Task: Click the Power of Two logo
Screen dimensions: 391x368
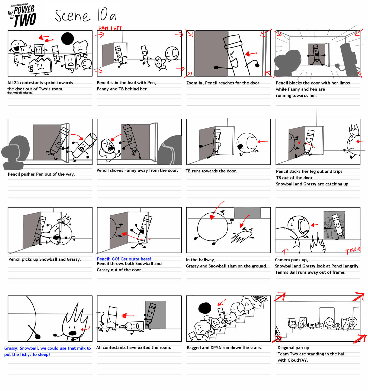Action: coord(22,15)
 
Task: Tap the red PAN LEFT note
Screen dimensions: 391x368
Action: coord(110,28)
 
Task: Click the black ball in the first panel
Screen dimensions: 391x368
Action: coord(68,39)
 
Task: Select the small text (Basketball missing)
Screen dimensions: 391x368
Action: coord(20,93)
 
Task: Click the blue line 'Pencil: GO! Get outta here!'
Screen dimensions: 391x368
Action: coord(124,259)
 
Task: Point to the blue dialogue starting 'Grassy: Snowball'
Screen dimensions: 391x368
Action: coord(47,351)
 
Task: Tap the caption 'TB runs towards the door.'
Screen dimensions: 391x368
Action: coord(211,171)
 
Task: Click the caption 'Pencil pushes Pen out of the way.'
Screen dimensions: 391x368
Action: coord(41,174)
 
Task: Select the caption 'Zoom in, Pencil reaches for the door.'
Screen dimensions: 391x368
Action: coord(223,83)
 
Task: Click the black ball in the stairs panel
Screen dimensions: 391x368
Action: coord(205,308)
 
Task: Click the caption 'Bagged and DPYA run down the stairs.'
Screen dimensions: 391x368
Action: coord(224,348)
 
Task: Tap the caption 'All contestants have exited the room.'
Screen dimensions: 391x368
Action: coord(133,347)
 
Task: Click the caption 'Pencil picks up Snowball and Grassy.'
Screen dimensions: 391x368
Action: coord(44,259)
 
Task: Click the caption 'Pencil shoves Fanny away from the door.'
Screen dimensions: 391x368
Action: coord(137,170)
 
